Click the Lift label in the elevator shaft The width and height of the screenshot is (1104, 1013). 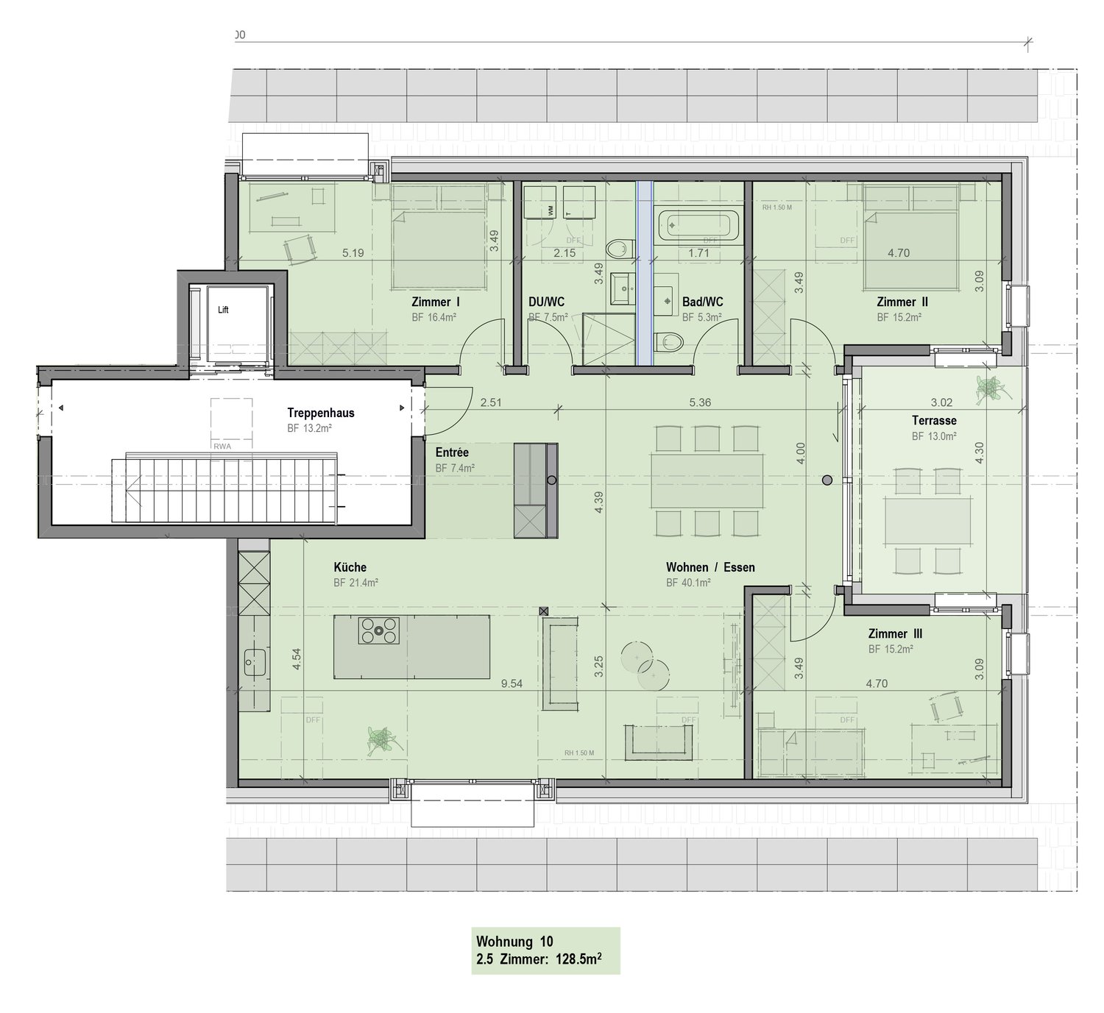pyautogui.click(x=223, y=310)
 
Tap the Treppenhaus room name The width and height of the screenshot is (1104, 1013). pyautogui.click(x=321, y=413)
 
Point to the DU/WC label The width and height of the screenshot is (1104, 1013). pyautogui.click(x=546, y=302)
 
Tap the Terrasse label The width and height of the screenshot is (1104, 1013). pyautogui.click(x=934, y=421)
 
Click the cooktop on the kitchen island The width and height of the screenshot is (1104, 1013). pyautogui.click(x=378, y=630)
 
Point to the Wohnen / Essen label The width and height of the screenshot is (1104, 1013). pyautogui.click(x=710, y=567)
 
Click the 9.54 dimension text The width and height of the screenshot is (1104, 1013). pyautogui.click(x=512, y=683)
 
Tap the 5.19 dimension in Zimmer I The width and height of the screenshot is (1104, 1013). pyautogui.click(x=353, y=253)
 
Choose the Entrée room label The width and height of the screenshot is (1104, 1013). pyautogui.click(x=452, y=452)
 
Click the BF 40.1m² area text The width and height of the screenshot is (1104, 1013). pyautogui.click(x=688, y=583)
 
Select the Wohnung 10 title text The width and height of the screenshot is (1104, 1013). pyautogui.click(x=514, y=941)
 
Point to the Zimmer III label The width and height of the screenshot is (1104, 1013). pyautogui.click(x=895, y=633)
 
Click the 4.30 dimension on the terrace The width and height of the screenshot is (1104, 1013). pyautogui.click(x=979, y=452)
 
